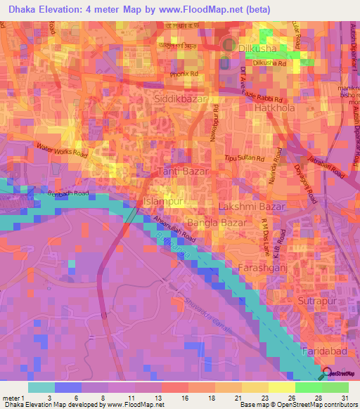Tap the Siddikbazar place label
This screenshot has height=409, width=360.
click(179, 100)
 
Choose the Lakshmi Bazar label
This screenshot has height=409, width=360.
click(252, 207)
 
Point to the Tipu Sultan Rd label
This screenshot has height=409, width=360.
click(243, 159)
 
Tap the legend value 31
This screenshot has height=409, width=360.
click(345, 398)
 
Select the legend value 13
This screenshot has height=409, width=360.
click(149, 398)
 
